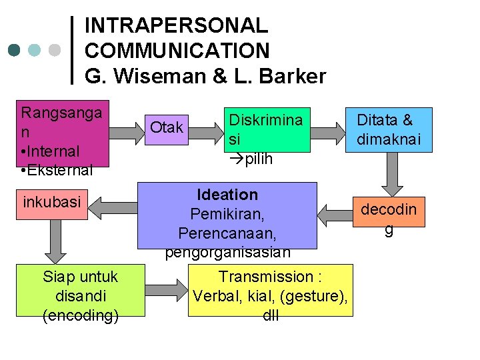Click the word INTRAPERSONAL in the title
click(176, 26)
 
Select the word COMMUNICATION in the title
click(177, 51)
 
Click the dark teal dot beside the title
click(15, 50)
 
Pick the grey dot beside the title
click(55, 50)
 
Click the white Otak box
click(167, 127)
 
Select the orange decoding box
click(389, 219)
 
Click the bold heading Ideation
click(227, 195)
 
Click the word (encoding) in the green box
click(81, 315)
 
